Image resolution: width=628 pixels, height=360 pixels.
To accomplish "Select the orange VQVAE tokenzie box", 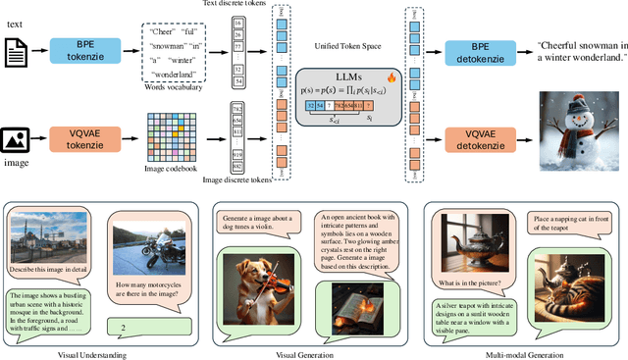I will pyautogui.click(x=97, y=134).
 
